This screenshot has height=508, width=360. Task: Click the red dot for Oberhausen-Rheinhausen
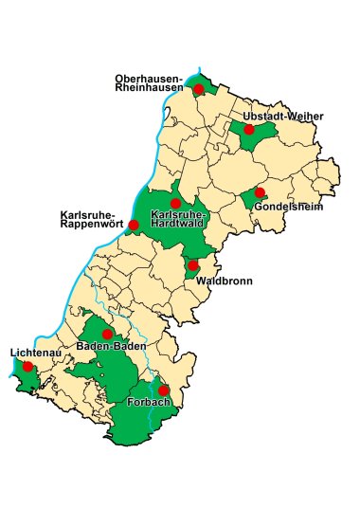[x=199, y=89]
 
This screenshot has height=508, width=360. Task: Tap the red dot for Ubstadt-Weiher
[x=249, y=130]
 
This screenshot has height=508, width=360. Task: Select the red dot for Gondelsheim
[x=261, y=192]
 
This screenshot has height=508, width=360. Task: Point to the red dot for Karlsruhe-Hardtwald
[x=175, y=204]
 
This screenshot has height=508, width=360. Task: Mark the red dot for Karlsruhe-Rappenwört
[x=134, y=225]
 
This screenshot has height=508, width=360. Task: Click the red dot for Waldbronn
[x=193, y=265]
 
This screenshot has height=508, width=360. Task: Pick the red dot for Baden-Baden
[x=108, y=335]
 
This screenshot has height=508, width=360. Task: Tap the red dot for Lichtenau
[x=28, y=366]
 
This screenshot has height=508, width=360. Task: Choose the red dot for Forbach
[x=163, y=390]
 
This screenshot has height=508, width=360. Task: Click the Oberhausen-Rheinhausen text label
[x=149, y=82]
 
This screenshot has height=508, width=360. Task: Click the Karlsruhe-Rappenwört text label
[x=92, y=219]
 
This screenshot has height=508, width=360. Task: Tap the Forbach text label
[x=147, y=404]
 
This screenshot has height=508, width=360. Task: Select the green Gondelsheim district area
[x=251, y=201]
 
